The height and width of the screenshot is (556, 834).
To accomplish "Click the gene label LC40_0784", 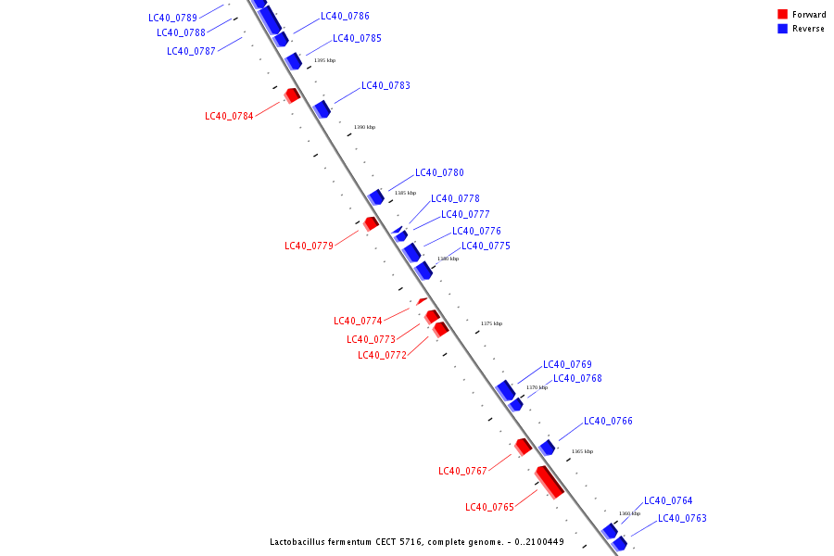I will coord(229,117).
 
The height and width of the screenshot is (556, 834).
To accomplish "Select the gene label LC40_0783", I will coord(385,85).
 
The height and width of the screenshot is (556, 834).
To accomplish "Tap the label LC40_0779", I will coord(309,246).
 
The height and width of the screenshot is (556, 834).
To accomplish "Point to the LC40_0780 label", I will coord(439,172).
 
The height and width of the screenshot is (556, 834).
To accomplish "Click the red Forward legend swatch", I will coord(783,15).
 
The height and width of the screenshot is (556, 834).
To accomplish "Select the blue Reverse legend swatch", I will coord(783,29).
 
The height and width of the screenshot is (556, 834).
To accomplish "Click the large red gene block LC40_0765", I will coord(550,482).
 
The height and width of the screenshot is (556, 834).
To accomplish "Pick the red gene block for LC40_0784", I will coord(292,95).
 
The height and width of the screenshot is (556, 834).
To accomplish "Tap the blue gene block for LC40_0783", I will coord(322,109).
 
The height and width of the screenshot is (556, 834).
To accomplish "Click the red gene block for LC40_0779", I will coord(371,223).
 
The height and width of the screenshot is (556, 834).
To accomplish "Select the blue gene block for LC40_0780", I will coord(376,197).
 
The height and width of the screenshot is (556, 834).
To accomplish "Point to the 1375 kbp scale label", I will coord(491,323).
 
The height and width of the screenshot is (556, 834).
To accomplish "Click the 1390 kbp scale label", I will coord(364,127).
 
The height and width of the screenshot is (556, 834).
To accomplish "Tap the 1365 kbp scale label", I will coord(582,451).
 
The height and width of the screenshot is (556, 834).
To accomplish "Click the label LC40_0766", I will coord(608,422).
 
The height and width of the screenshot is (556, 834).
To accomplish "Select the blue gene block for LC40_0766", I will coord(547,448).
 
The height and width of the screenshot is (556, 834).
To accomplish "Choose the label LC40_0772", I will coord(382,355).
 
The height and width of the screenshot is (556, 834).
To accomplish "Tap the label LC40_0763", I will coord(682,519).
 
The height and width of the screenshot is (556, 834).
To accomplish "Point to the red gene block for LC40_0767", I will coord(524,446).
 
